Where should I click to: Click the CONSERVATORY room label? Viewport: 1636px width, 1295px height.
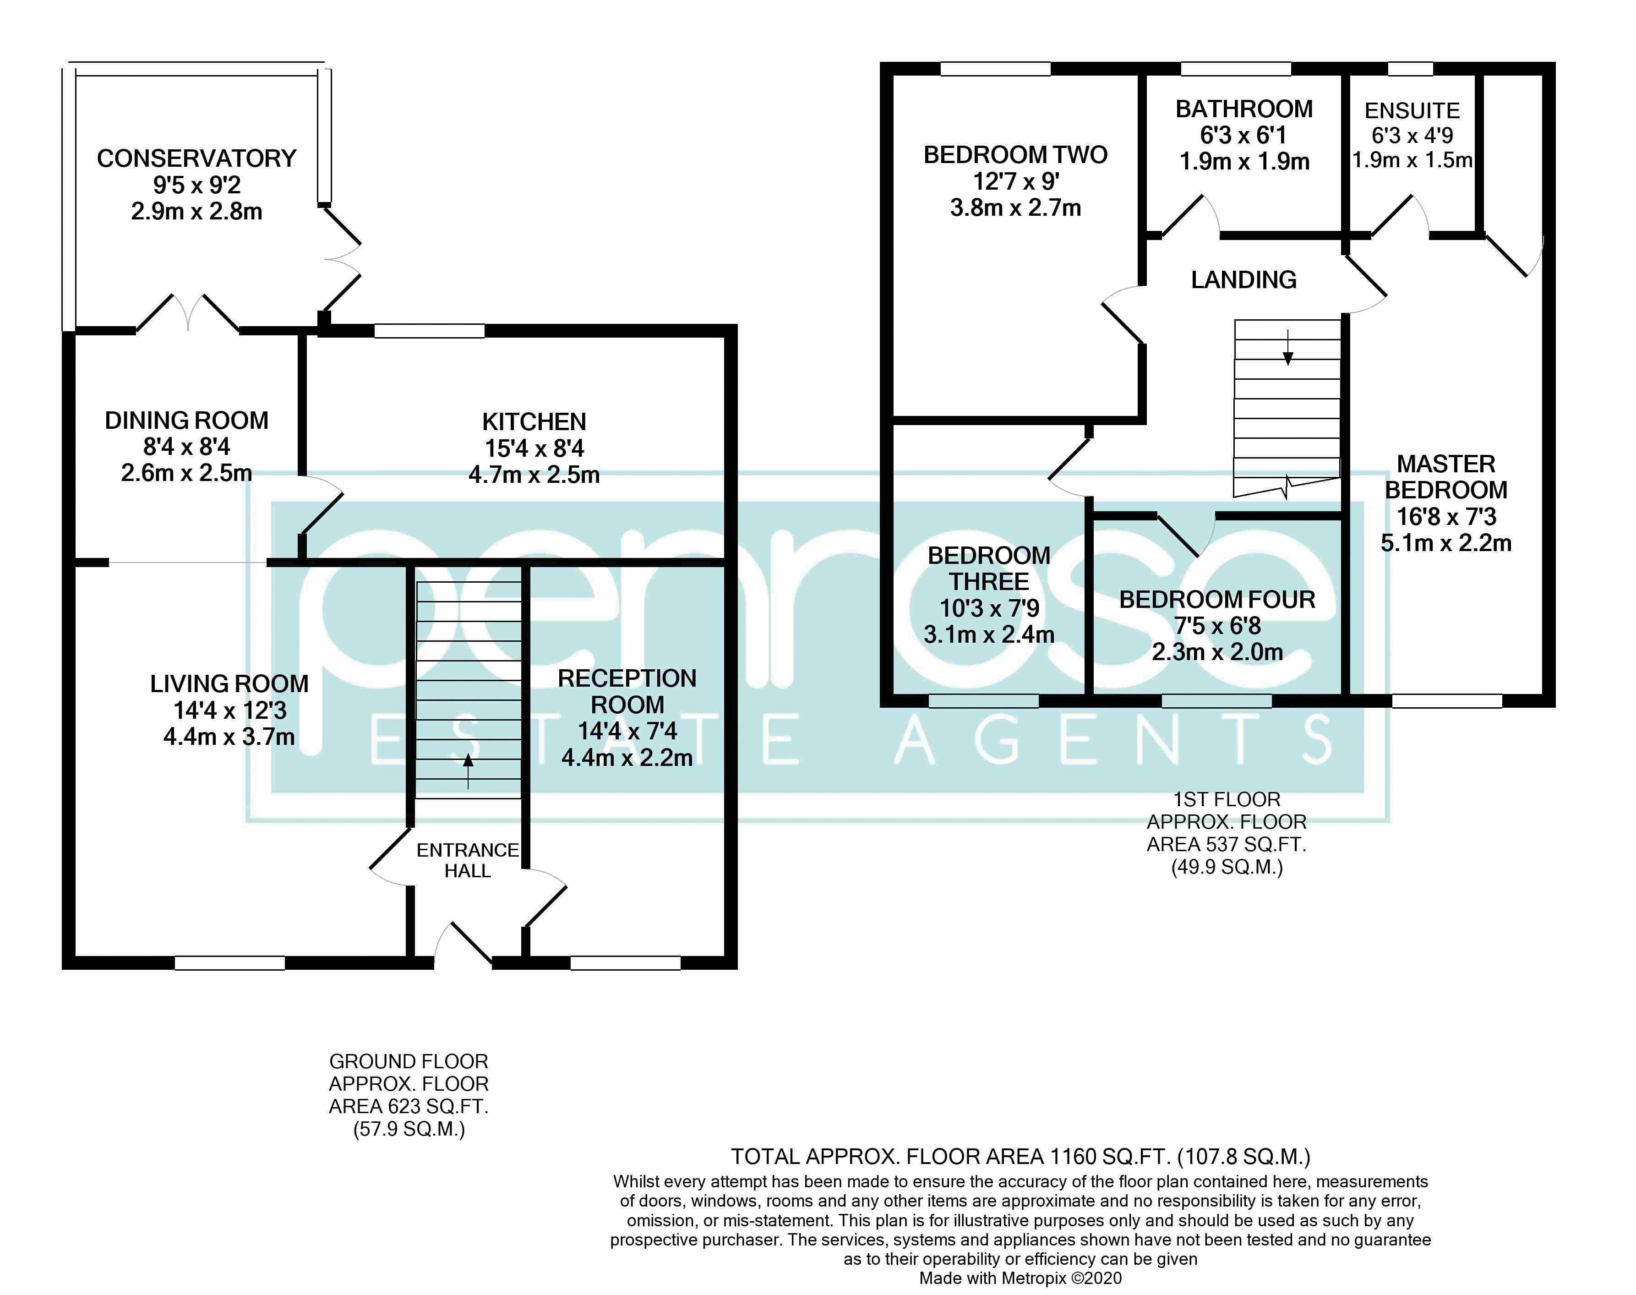tap(196, 158)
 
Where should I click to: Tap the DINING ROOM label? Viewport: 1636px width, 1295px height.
tap(186, 420)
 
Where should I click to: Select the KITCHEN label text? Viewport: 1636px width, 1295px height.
tap(534, 421)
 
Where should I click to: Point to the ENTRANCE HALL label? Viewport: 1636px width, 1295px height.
tap(468, 861)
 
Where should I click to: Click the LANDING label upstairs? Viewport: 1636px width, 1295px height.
tap(1243, 280)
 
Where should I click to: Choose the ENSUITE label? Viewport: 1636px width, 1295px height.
tap(1412, 111)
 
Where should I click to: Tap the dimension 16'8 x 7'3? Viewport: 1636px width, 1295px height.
tap(1446, 516)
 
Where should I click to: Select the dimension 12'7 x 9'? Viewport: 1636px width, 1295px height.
tap(1016, 181)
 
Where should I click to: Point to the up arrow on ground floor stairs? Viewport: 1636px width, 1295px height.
tap(468, 770)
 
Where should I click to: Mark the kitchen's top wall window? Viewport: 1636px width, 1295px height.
tap(429, 331)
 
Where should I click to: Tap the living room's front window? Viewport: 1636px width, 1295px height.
tap(230, 963)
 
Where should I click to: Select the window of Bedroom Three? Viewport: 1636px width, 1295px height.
tap(983, 701)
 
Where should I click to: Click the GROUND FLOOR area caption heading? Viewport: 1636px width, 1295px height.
tap(409, 1061)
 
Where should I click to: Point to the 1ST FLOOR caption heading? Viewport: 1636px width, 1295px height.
tap(1227, 799)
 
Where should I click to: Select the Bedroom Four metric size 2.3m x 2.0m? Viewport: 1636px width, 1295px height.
tap(1217, 652)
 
